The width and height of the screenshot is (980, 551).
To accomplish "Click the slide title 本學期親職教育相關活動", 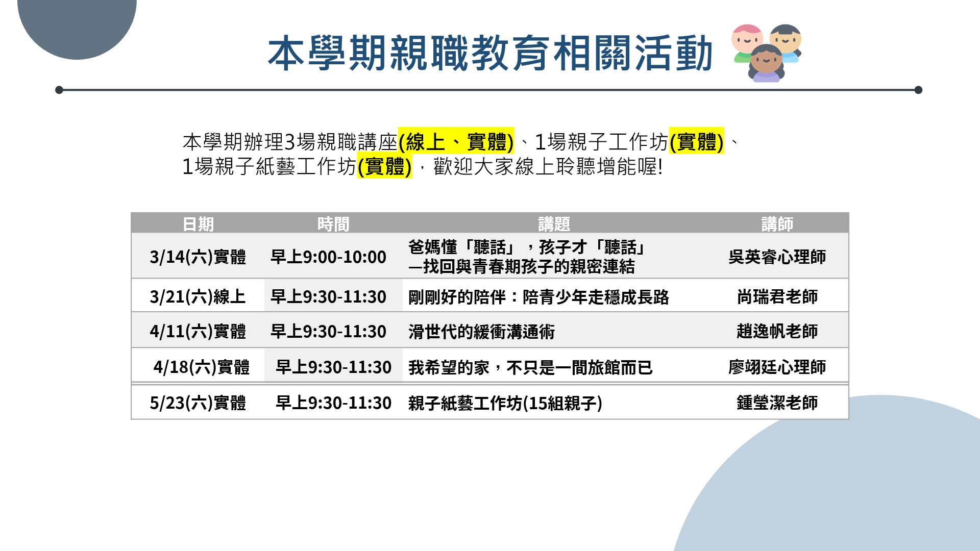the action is point(490,53).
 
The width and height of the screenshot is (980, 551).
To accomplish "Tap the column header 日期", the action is point(198,224).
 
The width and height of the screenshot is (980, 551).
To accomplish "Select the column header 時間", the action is point(333,224).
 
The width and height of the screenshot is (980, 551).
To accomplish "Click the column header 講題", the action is point(554,224).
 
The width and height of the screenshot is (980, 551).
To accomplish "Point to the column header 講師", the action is point(777,224).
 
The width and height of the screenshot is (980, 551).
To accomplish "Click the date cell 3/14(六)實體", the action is point(198,257).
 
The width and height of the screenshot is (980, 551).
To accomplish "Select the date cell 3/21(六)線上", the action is point(198,296).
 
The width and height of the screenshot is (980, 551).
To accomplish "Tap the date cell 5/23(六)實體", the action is point(198,403).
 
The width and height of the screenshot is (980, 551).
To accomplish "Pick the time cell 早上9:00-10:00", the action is point(328,257).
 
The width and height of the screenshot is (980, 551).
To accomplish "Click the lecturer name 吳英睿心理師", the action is point(777,257).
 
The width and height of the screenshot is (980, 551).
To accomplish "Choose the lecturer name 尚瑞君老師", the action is point(777,296).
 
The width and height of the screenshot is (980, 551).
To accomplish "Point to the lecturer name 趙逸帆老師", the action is point(777,331).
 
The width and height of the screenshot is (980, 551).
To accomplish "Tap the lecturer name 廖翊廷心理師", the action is point(777,367).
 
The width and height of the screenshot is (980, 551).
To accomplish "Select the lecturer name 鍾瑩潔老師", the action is point(777,403).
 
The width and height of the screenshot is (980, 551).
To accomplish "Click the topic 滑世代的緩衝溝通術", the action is point(481,332).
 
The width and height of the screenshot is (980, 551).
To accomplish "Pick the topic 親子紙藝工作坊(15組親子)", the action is point(505,403).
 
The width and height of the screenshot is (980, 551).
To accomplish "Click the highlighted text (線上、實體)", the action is point(456,141).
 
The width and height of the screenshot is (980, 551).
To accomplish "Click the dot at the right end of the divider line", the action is point(918,90).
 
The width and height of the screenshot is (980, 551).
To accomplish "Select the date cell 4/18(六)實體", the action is point(202,367).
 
